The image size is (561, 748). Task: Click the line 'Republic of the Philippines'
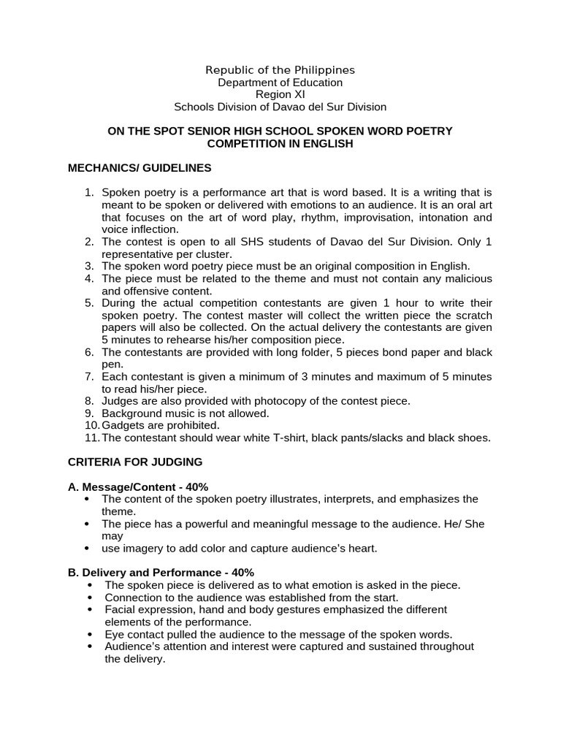click(280, 70)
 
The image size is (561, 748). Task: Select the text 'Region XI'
click(280, 94)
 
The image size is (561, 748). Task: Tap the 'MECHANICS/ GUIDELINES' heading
click(140, 168)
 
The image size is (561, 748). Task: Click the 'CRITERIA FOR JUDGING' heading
click(135, 462)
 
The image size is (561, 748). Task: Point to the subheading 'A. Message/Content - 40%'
click(138, 486)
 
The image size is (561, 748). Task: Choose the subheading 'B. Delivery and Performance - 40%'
click(161, 572)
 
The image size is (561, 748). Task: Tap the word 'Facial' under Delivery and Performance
click(121, 609)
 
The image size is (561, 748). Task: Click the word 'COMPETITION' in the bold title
click(242, 144)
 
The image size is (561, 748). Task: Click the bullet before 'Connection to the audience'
click(89, 597)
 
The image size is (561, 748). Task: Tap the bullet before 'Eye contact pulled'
click(89, 634)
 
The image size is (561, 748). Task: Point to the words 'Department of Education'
click(280, 83)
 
